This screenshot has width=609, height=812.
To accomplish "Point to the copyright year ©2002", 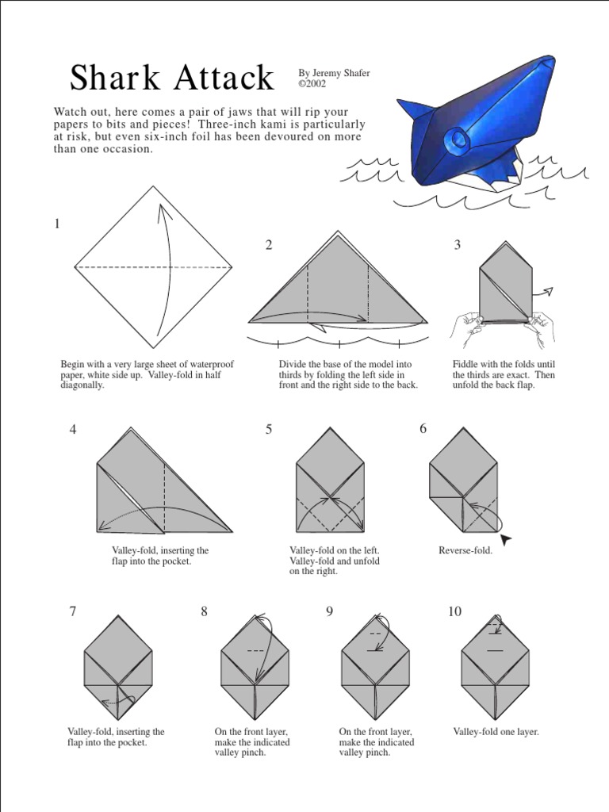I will pos(312,82).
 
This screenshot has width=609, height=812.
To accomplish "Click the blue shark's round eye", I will pos(458,141).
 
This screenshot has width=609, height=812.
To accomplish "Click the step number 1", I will pos(57,224).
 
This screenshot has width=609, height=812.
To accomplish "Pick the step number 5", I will pos(269,429).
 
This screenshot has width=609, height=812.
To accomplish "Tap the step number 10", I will pos(454,611).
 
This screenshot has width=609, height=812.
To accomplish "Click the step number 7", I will pos(73,611).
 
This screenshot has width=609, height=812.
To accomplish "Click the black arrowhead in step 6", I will pos(505,539).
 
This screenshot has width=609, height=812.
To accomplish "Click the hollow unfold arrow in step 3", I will pos(546,292).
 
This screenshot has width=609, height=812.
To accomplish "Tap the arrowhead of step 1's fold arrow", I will pos(162,209).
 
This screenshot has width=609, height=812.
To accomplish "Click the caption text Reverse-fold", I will pos(465,550).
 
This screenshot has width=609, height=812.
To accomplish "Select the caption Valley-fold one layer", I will pos(496,732).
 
